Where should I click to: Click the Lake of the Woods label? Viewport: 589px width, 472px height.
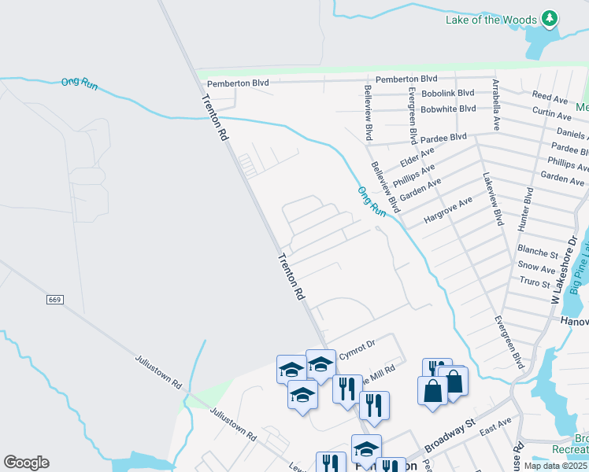point(491,20)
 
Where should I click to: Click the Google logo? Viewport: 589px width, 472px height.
point(26,463)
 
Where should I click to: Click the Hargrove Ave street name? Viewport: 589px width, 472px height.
point(448,212)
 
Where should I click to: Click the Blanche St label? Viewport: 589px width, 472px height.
point(538,252)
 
